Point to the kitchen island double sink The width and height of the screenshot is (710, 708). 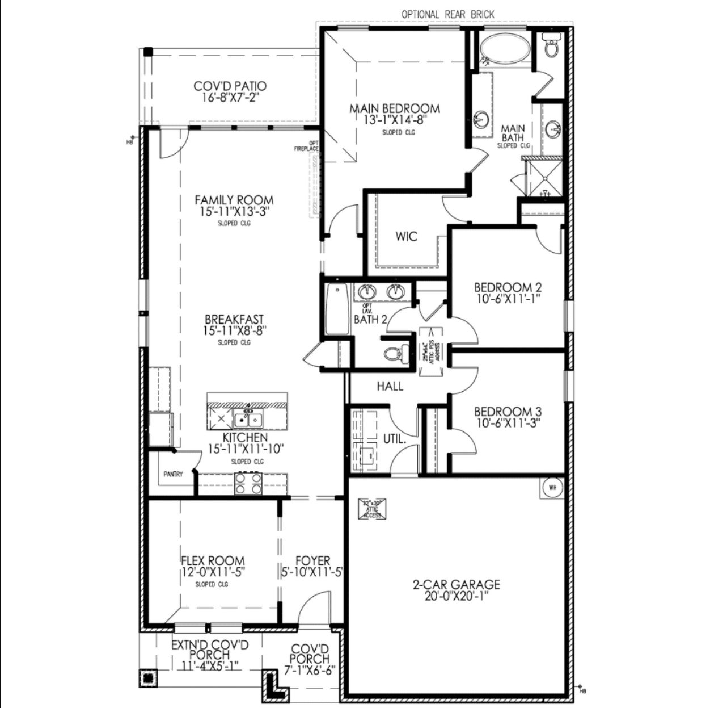pos(247,420)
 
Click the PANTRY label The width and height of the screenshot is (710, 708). pos(173,474)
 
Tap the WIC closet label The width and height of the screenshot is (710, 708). pos(407,236)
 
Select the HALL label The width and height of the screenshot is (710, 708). pos(390,387)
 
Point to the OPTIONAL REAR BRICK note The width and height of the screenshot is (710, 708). pos(447,14)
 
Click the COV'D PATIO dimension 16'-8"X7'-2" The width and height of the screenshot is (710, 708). pos(230,98)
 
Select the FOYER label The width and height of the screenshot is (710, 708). pos(312,561)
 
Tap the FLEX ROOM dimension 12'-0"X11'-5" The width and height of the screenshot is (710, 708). pos(213,572)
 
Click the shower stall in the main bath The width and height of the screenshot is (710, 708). pos(543,178)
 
